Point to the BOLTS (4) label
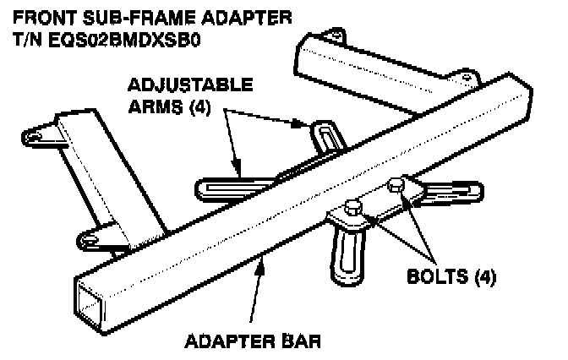point(451,275)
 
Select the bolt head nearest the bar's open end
point(353,207)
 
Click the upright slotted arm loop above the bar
point(325,135)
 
